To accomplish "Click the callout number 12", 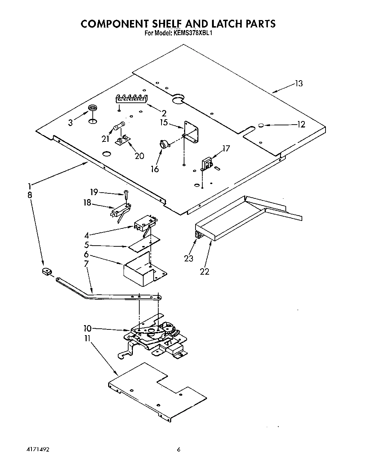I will pyautogui.click(x=301, y=124).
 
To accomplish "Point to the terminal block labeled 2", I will pyautogui.click(x=132, y=98).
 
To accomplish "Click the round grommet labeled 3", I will pyautogui.click(x=93, y=108).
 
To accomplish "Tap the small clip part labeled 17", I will pyautogui.click(x=207, y=163).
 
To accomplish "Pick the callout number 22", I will pyautogui.click(x=204, y=271).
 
